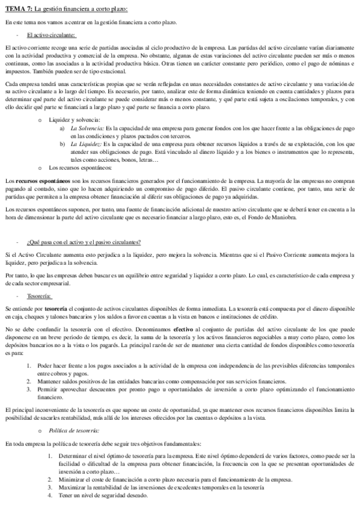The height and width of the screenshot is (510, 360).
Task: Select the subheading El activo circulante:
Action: (51, 35)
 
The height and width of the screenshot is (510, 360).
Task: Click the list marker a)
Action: (63, 128)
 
